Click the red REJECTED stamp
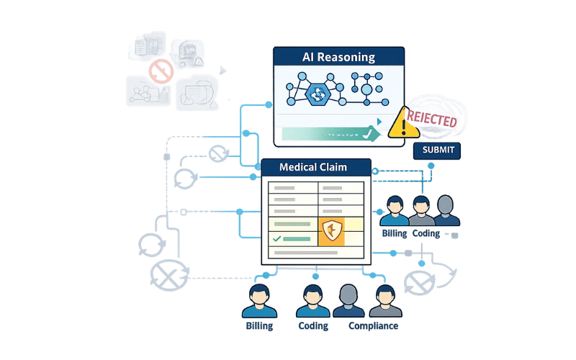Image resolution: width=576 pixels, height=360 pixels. point(431,119)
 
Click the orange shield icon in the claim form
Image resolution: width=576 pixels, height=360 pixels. point(333,231)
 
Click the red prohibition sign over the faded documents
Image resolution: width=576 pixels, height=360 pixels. point(160,70)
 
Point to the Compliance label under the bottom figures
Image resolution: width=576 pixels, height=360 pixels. point(373,326)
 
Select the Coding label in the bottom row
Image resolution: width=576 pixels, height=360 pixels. point(313,326)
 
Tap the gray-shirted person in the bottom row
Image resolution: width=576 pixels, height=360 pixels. point(348,300)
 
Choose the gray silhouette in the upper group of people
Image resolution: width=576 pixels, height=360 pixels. point(444,211)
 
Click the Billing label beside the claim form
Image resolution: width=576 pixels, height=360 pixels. point(395,233)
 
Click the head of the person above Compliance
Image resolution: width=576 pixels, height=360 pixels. point(384,292)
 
